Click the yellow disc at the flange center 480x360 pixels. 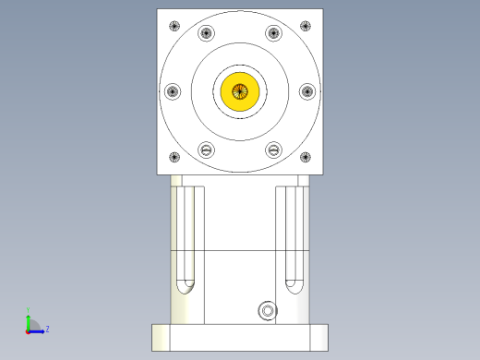pos(240,91)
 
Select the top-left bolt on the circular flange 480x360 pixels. pos(206,34)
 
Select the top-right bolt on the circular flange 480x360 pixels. pos(273,34)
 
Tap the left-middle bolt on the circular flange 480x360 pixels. pos(173,91)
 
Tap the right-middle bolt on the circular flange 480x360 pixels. pos(307,91)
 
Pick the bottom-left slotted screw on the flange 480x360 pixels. pos(206,149)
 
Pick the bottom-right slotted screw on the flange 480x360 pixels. pos(273,149)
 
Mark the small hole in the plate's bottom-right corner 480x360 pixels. pos(308,157)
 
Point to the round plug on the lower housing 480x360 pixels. pos(268,311)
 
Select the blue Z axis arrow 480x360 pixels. pos(39,329)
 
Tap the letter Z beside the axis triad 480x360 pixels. pos(47,329)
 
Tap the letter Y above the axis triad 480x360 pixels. pos(28,310)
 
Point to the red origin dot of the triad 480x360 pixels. pos(27,330)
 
